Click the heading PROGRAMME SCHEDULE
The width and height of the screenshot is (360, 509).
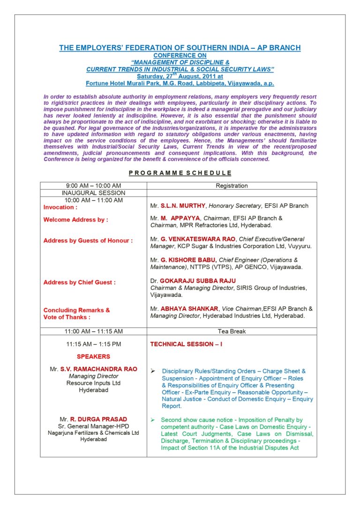[x=180, y=173]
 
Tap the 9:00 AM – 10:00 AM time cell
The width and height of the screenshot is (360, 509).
[x=93, y=186]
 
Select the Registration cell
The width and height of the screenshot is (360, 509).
[x=232, y=186]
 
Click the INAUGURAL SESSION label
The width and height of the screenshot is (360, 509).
[x=93, y=193]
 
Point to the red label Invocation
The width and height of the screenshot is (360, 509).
[x=60, y=207]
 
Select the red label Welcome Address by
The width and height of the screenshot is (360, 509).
[x=75, y=220]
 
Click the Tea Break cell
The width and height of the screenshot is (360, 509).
[x=232, y=331]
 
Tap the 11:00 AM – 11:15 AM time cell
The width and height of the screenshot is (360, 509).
[x=93, y=331]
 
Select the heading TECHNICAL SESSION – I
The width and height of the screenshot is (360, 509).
[x=186, y=344]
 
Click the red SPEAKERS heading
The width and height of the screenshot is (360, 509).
[x=93, y=357]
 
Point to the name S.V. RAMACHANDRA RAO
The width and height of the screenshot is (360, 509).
[x=98, y=369]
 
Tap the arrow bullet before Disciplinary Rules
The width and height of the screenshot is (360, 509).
[x=153, y=371]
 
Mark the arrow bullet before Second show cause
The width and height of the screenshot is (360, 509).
[x=153, y=419]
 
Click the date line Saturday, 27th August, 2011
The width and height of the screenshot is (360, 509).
[x=180, y=76]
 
